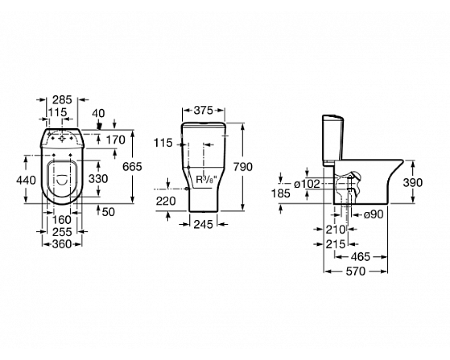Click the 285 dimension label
coord(62,99)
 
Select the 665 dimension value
coord(132,166)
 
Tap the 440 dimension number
coord(26,180)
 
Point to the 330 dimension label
coord(98,179)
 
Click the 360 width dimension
coord(62,244)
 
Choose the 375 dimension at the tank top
coord(203,110)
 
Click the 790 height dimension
coord(243,166)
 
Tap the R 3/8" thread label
coord(206,180)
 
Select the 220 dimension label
coord(166,201)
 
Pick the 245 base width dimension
coord(203,224)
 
